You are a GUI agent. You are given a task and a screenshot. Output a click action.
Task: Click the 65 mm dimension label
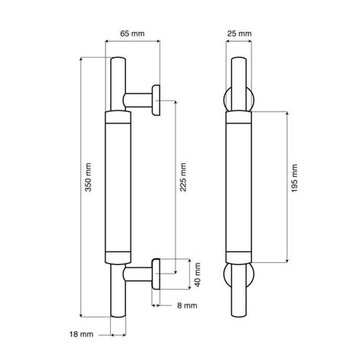click(x=132, y=33)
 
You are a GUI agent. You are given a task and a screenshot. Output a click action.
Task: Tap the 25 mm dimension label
click(x=239, y=33)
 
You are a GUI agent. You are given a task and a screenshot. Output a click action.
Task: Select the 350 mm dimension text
click(x=88, y=177)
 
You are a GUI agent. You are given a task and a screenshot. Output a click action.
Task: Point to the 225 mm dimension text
click(x=183, y=177)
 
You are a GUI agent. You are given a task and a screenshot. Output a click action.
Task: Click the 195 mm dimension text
click(x=294, y=178)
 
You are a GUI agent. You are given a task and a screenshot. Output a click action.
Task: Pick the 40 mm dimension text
click(x=197, y=274)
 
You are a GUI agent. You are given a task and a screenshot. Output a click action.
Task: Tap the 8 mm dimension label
click(x=187, y=305)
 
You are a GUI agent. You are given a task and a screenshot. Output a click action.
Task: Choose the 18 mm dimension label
click(x=81, y=334)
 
